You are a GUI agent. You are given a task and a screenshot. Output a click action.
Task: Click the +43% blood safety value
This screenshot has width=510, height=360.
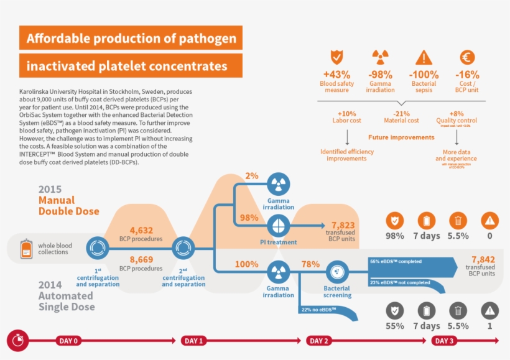click(336, 75)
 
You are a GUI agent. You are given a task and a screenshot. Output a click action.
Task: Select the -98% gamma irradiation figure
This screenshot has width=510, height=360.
click(380, 75)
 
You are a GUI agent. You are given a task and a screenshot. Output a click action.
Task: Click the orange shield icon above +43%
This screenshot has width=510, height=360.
click(336, 57)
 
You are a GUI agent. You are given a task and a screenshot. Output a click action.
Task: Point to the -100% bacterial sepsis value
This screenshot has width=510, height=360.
click(424, 75)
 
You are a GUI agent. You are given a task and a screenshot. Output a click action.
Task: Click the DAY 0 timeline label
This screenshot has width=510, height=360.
click(68, 341)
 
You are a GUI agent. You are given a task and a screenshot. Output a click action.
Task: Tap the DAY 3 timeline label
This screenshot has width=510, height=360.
click(444, 341)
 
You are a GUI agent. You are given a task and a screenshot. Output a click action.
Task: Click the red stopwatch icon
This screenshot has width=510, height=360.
click(17, 341)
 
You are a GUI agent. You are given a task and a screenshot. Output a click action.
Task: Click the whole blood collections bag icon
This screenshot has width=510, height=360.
click(26, 248)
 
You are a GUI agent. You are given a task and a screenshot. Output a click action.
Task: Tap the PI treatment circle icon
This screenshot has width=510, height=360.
click(278, 224)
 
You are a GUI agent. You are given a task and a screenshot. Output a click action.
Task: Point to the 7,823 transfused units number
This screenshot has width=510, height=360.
click(343, 225)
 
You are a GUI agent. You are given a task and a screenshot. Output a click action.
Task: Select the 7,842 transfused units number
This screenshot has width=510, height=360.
click(483, 259)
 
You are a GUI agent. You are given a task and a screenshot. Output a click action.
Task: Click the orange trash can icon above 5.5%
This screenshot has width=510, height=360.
click(458, 220)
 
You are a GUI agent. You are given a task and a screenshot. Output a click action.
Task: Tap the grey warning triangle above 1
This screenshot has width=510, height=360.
click(490, 310)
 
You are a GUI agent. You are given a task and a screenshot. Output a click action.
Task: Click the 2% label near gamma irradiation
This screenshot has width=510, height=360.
click(251, 176)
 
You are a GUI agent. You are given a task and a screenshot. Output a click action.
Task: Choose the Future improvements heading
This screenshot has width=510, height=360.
click(401, 137)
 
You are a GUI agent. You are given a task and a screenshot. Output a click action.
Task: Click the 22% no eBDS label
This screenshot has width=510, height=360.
click(318, 309)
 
